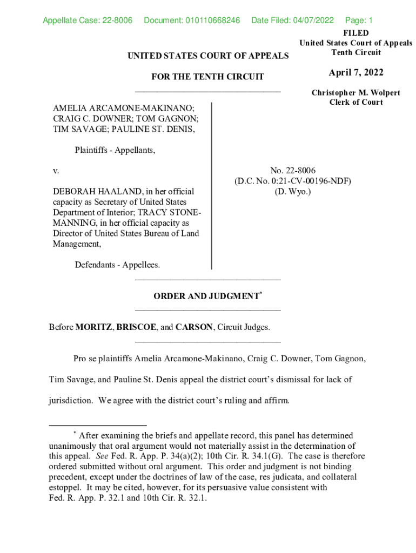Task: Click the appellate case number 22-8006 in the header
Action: pyautogui.click(x=117, y=21)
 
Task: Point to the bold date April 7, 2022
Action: pyautogui.click(x=355, y=73)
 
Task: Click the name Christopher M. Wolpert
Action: pyautogui.click(x=355, y=93)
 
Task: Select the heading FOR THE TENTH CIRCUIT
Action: pyautogui.click(x=207, y=77)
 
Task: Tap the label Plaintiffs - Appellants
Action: pyautogui.click(x=115, y=150)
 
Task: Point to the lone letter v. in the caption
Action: pyautogui.click(x=56, y=171)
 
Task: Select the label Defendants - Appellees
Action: pyautogui.click(x=117, y=265)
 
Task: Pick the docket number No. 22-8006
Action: pyautogui.click(x=292, y=171)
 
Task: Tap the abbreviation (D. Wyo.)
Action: pyautogui.click(x=292, y=192)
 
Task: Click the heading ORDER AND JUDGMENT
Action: pyautogui.click(x=206, y=296)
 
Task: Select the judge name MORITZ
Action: pyautogui.click(x=93, y=328)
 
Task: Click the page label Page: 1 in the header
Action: pyautogui.click(x=359, y=21)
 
